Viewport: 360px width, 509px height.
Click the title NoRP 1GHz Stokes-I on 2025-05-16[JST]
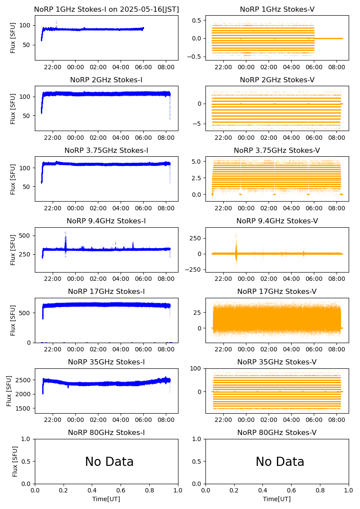tap(106, 10)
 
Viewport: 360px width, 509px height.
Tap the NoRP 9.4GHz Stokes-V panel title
tap(277, 221)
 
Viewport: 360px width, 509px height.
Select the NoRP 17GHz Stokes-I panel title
tap(106, 292)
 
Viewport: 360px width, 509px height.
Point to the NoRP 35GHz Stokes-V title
tap(277, 362)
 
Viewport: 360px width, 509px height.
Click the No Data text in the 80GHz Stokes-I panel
tap(109, 462)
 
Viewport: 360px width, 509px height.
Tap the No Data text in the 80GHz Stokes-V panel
tap(280, 462)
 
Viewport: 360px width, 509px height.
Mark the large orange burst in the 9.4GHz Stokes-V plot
tap(236, 253)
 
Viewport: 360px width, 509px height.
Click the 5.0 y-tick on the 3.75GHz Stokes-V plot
tap(197, 162)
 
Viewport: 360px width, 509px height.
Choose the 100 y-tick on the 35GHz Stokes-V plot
tap(197, 369)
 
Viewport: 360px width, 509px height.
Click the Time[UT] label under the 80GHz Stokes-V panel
tap(277, 499)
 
